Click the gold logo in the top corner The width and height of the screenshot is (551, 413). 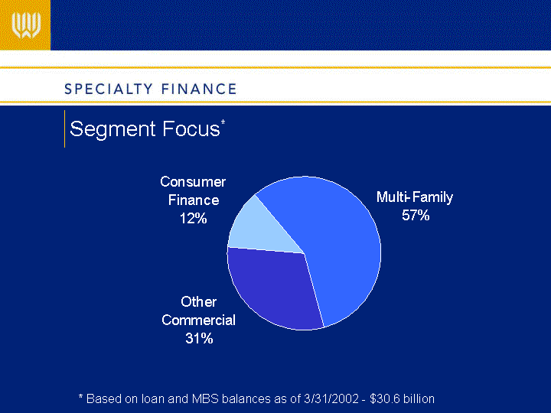[25, 25]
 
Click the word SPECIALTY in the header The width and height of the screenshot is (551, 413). [109, 89]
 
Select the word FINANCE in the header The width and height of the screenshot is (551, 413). [199, 89]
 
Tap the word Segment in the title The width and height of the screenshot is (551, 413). [112, 129]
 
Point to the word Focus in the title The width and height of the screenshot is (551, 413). [191, 128]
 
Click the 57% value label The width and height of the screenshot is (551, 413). [416, 215]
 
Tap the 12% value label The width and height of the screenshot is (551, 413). [194, 219]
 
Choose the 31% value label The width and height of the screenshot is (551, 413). [199, 339]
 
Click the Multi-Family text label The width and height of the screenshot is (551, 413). [415, 197]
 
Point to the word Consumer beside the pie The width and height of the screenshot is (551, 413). [193, 182]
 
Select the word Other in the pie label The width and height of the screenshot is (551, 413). [198, 302]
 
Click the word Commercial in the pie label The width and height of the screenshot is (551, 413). [198, 320]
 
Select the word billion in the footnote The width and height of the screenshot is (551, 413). [419, 399]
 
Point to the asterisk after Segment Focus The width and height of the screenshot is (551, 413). [223, 122]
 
